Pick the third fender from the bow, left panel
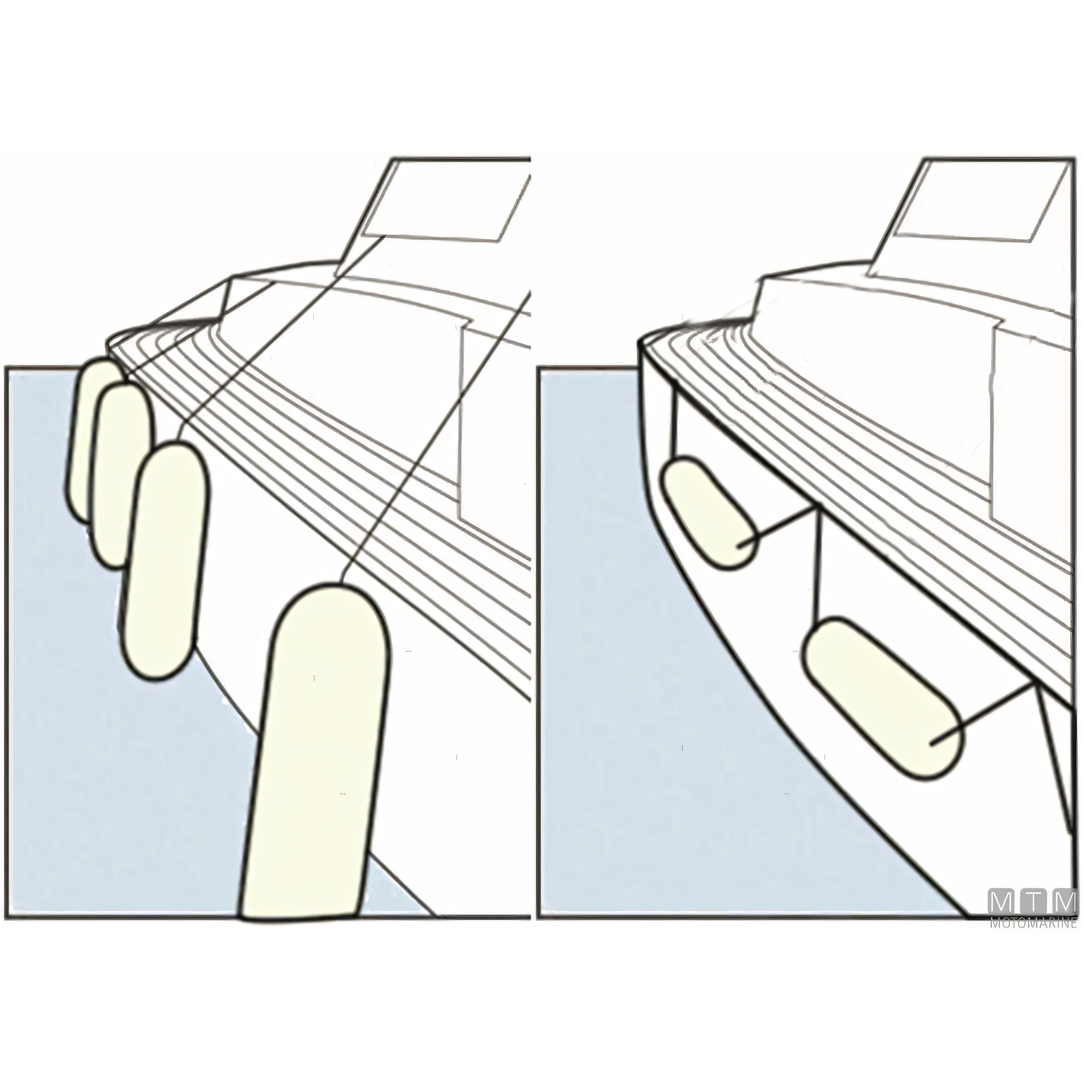coord(165,561)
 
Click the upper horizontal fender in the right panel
coord(709,512)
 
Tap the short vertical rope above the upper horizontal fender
coord(678,426)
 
